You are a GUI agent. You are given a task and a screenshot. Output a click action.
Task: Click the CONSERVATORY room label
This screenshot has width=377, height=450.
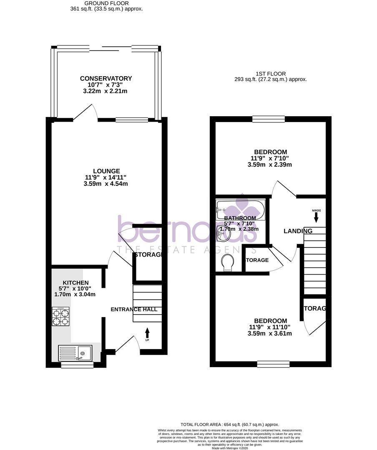(x=106, y=78)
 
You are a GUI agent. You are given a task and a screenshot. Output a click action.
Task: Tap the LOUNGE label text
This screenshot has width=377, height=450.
(x=106, y=171)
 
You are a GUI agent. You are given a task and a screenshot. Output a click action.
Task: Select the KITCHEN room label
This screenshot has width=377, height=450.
(x=75, y=282)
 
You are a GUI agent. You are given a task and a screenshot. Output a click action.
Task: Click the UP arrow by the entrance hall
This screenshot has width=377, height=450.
(x=147, y=332)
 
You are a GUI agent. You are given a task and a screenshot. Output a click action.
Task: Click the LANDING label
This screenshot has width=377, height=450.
(x=298, y=231)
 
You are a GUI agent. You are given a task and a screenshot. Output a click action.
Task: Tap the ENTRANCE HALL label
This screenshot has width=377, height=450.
(x=134, y=309)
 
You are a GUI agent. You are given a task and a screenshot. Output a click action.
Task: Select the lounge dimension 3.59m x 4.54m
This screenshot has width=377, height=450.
(x=106, y=184)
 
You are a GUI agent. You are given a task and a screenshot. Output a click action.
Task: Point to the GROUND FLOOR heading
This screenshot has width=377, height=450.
(x=107, y=3)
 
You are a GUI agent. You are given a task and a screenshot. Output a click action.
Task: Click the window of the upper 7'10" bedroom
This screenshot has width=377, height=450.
(x=269, y=120)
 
